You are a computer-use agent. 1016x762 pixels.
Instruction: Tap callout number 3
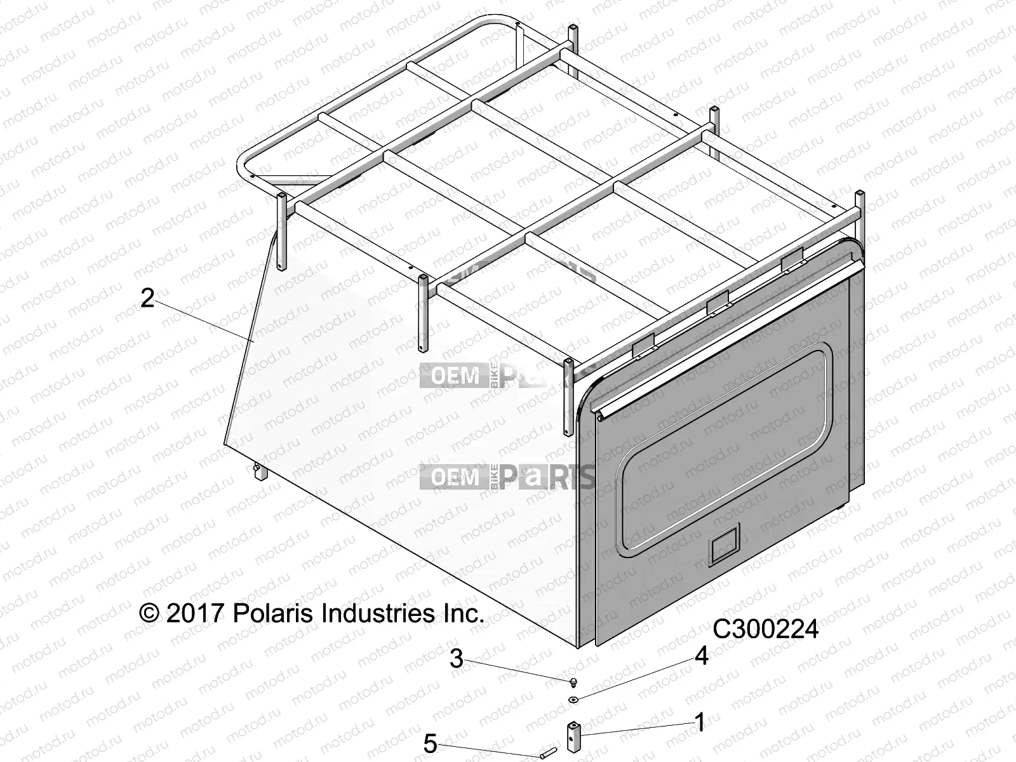[456, 658]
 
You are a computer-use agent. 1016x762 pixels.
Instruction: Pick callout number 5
[431, 744]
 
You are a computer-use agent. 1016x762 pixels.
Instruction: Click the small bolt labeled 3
[574, 682]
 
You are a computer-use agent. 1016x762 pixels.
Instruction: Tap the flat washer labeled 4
[574, 700]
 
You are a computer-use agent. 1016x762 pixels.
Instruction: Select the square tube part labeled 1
[573, 735]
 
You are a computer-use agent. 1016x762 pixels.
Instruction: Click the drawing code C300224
[766, 629]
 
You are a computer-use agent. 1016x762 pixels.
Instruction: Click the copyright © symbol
[149, 613]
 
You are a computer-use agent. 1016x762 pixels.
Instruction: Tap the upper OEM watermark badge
[456, 376]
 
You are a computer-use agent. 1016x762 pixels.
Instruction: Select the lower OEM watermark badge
[456, 477]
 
